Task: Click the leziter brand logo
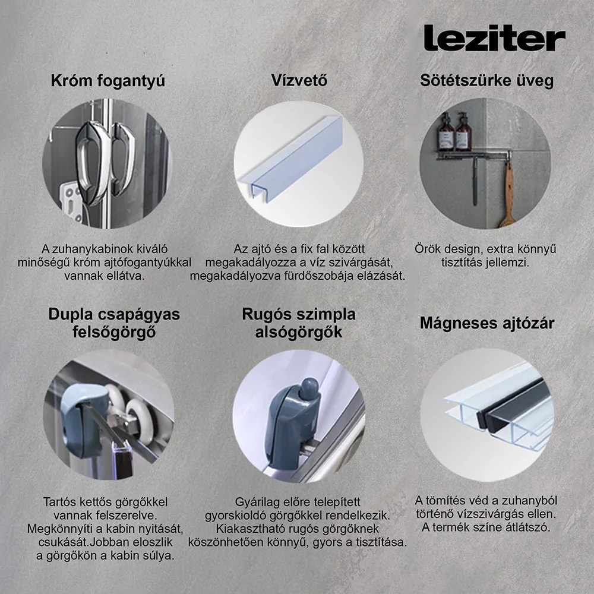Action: [494, 38]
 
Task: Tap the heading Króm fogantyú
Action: [108, 81]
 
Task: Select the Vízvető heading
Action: [299, 81]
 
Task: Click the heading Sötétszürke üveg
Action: [486, 81]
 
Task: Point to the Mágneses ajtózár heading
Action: [486, 323]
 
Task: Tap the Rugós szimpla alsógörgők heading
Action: [298, 323]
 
